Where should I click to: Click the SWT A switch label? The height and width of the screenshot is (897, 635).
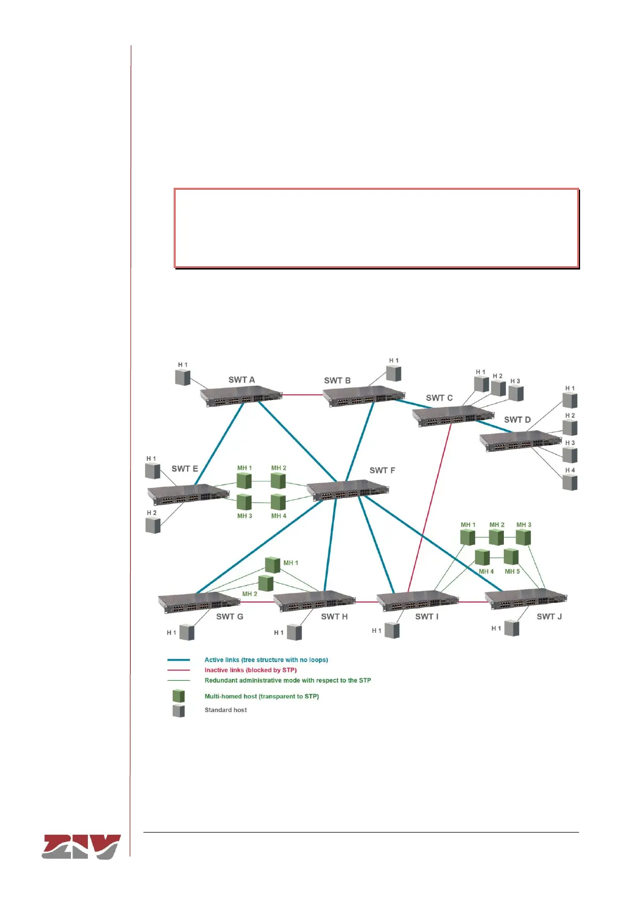(x=242, y=380)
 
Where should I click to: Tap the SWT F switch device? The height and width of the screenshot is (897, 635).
(x=347, y=490)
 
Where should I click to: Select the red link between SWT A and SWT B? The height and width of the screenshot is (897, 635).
(x=302, y=395)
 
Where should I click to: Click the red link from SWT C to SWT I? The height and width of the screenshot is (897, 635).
(x=430, y=506)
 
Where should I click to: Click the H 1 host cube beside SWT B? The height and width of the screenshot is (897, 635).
(x=393, y=373)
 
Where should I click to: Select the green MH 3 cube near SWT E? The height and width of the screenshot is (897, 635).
(x=244, y=502)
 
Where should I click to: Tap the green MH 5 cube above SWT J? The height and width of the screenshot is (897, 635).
(x=511, y=557)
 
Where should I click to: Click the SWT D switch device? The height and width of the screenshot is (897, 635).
(x=520, y=441)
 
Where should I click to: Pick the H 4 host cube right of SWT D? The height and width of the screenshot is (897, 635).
(x=570, y=483)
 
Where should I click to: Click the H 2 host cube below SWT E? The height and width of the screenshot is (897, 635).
(x=153, y=525)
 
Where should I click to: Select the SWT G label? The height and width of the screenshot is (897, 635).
(x=230, y=616)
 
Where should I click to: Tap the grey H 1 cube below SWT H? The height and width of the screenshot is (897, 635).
(x=294, y=632)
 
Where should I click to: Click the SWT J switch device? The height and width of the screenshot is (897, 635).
(x=526, y=600)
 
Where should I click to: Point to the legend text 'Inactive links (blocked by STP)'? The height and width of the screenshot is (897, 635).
(x=250, y=670)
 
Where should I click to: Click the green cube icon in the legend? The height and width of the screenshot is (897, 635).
(x=179, y=696)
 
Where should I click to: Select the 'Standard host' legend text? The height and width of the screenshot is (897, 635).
(x=226, y=710)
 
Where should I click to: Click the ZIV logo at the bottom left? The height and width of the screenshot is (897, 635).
(x=81, y=846)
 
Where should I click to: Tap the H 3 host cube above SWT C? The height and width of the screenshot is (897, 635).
(x=516, y=393)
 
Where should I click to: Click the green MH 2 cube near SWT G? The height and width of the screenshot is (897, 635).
(x=266, y=583)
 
